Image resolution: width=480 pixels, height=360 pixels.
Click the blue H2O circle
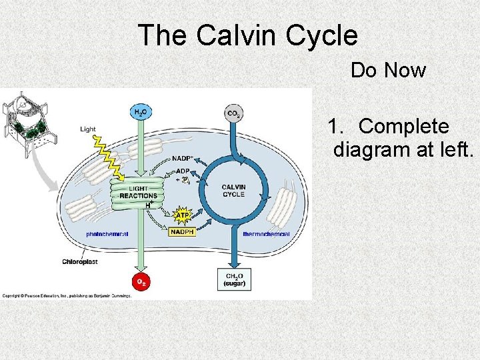point(141,113)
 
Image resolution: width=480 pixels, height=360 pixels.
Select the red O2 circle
point(141,281)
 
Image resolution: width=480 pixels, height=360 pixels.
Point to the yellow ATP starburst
point(181,215)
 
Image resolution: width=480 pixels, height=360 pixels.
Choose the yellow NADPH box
point(181,232)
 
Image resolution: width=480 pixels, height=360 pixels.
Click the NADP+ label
point(182,159)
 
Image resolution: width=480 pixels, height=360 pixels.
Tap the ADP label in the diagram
point(183,171)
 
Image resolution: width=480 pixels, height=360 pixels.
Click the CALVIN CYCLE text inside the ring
point(233,191)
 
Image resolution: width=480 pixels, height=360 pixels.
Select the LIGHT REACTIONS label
point(139,192)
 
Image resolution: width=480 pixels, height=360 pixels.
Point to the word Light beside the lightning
point(88,129)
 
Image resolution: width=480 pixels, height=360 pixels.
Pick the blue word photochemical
point(107,234)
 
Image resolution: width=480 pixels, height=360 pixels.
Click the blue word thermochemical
point(266,234)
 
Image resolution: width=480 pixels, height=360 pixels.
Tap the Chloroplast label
point(81,262)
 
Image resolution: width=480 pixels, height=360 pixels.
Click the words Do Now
point(388,70)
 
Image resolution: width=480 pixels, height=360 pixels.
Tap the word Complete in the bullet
point(403,126)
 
